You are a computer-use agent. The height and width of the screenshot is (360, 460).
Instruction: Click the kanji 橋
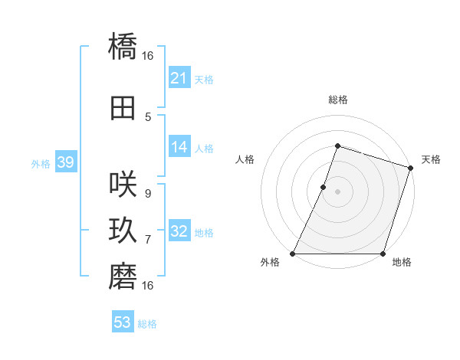click(x=123, y=47)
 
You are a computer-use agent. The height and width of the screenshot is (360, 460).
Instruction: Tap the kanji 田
click(x=123, y=108)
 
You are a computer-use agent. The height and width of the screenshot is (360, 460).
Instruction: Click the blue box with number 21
click(x=179, y=78)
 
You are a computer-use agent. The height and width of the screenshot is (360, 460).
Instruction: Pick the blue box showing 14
click(x=179, y=147)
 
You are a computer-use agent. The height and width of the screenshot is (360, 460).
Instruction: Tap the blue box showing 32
click(x=179, y=231)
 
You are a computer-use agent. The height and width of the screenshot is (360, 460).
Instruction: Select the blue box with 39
click(x=65, y=162)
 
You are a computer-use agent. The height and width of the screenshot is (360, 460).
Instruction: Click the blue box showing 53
click(x=123, y=322)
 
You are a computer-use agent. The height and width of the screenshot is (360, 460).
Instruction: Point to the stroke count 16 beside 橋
click(x=148, y=56)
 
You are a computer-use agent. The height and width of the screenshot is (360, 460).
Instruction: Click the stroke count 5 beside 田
click(x=148, y=117)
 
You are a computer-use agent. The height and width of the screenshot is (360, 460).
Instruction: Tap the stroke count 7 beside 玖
click(x=148, y=240)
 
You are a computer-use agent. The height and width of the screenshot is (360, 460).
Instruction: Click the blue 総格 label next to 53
click(x=147, y=324)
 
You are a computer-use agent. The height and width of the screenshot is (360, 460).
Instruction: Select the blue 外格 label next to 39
click(x=41, y=163)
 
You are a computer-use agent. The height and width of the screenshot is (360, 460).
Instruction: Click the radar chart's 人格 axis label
click(x=245, y=159)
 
